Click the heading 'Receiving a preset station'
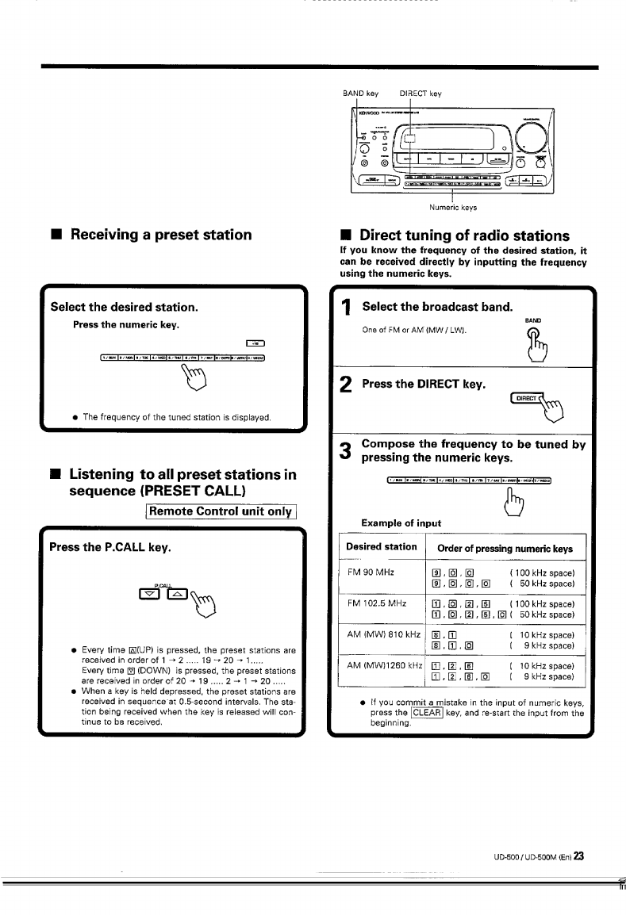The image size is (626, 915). (x=161, y=235)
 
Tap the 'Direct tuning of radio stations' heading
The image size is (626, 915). (x=464, y=235)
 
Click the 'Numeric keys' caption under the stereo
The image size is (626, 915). (x=453, y=208)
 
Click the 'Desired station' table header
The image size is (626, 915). (x=382, y=546)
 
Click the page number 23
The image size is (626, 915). (x=579, y=856)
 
